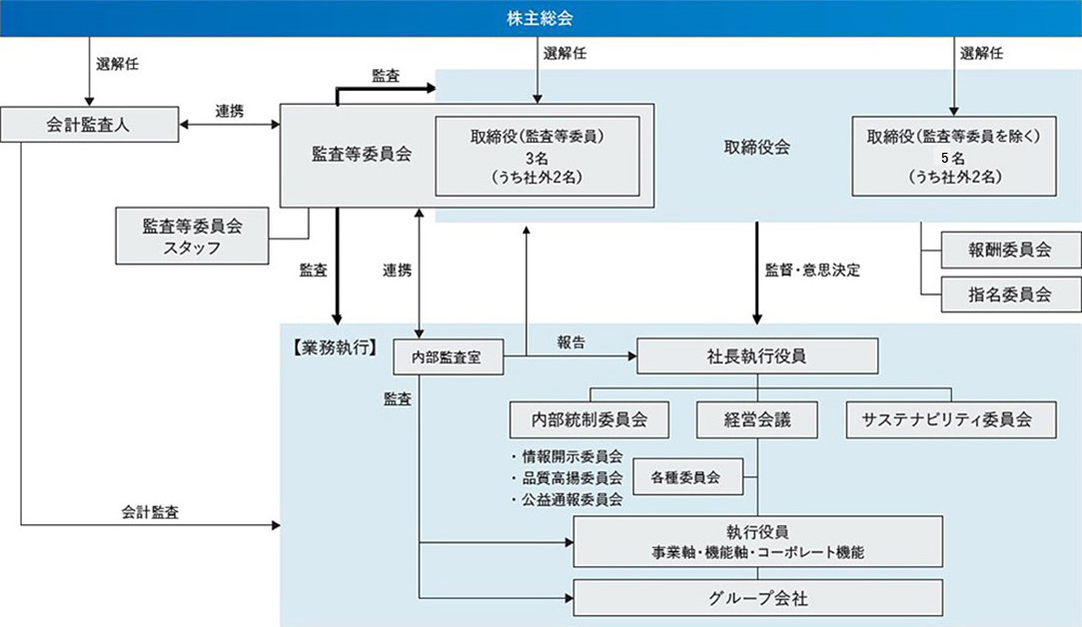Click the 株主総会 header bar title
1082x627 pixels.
[541, 19]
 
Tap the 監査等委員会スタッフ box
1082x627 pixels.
[193, 237]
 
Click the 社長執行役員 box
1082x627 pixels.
[756, 356]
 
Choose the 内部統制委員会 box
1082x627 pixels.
[592, 420]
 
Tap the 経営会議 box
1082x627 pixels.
[756, 420]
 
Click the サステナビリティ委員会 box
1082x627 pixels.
[951, 420]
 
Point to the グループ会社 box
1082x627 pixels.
[756, 599]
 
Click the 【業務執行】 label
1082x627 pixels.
[334, 347]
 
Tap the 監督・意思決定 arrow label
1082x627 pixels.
[812, 270]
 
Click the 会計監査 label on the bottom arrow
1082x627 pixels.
[151, 511]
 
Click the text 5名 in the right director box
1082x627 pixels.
[952, 158]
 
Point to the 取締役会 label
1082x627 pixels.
[756, 147]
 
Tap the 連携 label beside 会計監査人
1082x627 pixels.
[229, 112]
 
